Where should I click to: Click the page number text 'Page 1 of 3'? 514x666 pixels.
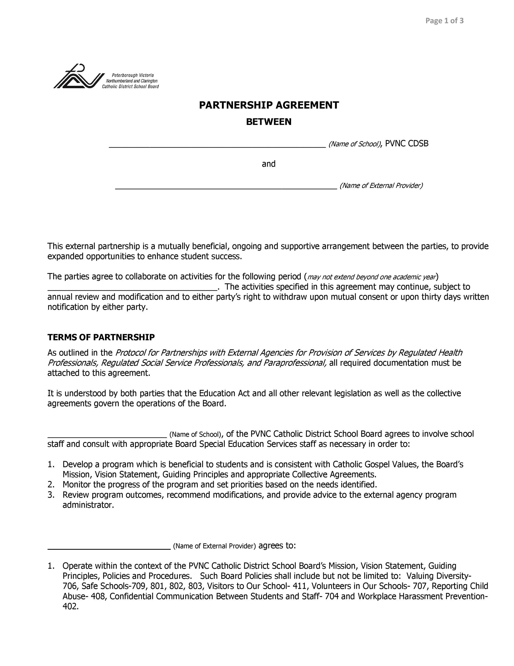(444, 21)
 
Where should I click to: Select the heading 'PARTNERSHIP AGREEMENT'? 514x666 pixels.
(268, 105)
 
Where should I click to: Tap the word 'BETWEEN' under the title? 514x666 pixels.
(268, 122)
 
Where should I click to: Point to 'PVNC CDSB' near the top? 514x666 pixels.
(407, 144)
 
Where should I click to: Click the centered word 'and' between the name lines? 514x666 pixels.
(268, 164)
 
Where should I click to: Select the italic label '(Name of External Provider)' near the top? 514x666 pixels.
(381, 185)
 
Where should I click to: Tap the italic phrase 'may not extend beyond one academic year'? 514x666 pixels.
(371, 277)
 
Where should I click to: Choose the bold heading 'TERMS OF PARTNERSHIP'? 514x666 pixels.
(101, 337)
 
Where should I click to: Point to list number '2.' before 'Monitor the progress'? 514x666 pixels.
(51, 485)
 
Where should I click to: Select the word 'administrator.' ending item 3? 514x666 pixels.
(88, 505)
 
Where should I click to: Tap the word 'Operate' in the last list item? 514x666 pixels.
(77, 566)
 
